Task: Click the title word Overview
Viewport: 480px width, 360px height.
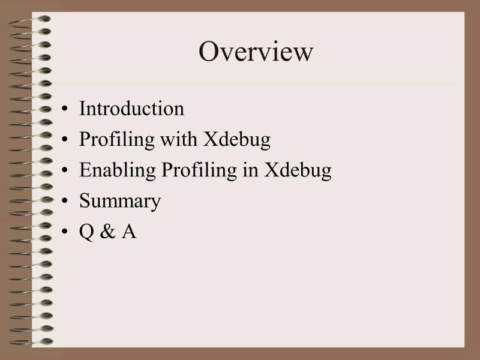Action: point(256,52)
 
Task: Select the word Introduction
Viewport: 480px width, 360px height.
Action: point(131,109)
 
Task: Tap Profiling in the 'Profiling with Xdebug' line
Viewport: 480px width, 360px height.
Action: point(117,140)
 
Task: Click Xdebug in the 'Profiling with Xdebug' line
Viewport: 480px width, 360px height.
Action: point(236,140)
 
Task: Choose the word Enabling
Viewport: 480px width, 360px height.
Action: point(117,170)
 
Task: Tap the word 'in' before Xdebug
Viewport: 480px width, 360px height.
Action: point(251,170)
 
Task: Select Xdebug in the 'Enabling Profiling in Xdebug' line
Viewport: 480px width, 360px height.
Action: point(298,171)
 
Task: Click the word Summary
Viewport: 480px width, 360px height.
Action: point(120,201)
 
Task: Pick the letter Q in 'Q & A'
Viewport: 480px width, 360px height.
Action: point(86,232)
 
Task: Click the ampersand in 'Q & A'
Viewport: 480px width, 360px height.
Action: point(107,232)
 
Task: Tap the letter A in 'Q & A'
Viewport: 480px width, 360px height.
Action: point(129,232)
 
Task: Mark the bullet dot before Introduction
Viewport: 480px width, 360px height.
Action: point(65,110)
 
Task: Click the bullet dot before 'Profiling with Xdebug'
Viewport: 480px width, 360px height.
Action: point(65,140)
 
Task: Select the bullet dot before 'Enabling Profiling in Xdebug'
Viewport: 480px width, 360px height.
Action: point(65,171)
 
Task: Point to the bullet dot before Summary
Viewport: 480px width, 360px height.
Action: point(65,202)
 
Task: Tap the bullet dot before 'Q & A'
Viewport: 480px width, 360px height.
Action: point(65,232)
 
